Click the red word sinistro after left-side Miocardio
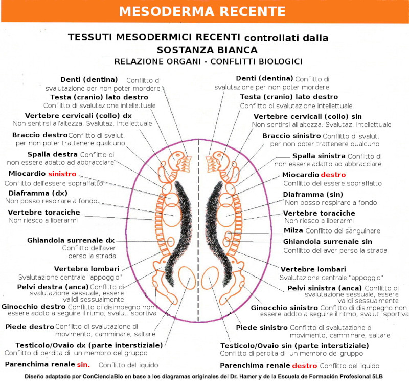click(x=62, y=174)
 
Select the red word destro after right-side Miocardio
click(x=333, y=175)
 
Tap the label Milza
click(x=293, y=231)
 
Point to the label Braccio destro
click(x=40, y=135)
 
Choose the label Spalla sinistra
click(x=319, y=156)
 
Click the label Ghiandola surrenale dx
click(x=71, y=240)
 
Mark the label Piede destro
click(x=29, y=326)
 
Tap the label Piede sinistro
click(x=261, y=327)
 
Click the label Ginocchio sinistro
click(x=284, y=307)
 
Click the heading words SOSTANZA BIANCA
click(x=207, y=50)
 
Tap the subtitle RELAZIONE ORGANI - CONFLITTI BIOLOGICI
click(x=208, y=61)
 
